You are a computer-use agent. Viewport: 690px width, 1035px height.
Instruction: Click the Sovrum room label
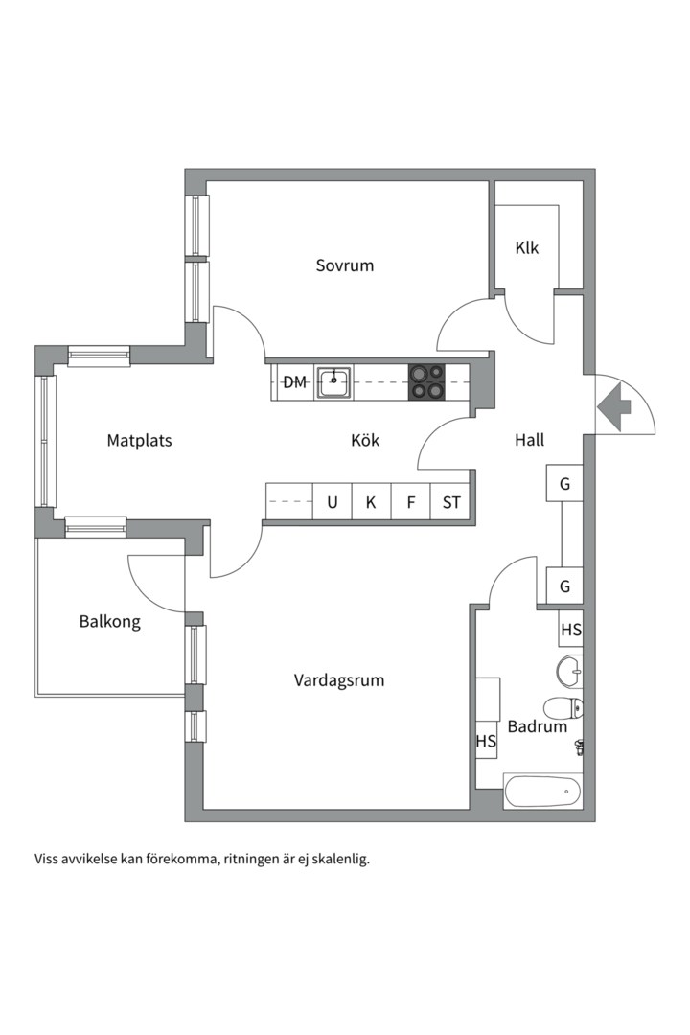coord(345,265)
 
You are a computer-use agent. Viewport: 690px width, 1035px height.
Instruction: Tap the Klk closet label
coord(526,248)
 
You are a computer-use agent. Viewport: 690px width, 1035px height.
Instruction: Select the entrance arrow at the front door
coord(613,406)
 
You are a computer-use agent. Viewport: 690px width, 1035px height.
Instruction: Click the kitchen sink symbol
coord(333,381)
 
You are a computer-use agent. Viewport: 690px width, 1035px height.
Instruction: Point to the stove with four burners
coord(426,381)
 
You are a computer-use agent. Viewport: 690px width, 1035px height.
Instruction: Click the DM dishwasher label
coord(294,382)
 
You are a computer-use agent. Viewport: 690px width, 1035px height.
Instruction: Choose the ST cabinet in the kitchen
coord(450,502)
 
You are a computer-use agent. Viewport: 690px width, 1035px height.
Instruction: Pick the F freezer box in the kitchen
coord(410,502)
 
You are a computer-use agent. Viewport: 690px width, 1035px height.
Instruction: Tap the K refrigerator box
coord(371,502)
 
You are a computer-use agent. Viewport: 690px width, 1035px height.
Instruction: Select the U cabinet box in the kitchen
coord(332,502)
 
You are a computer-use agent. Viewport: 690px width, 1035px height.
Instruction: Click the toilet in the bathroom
coord(563,709)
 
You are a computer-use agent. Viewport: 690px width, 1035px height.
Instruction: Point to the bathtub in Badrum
coord(542,792)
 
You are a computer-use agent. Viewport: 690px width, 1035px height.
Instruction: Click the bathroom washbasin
coord(569,670)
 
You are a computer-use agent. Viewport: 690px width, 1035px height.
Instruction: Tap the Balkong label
coord(109,622)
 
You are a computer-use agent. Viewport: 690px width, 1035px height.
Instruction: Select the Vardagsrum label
coord(338,680)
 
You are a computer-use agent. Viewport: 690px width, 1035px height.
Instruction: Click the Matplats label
coord(139,441)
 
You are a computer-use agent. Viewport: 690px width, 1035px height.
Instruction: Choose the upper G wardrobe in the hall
coord(564,484)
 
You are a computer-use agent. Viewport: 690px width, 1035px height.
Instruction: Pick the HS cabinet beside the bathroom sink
coord(571,630)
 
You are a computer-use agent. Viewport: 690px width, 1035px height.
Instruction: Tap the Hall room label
coord(529,440)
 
